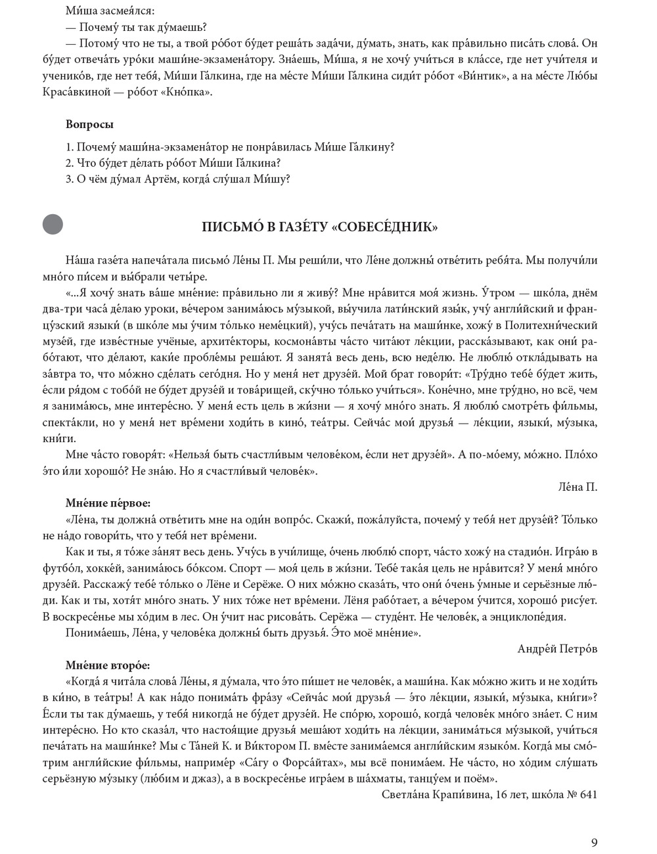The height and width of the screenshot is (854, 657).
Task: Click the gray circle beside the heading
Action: [53, 225]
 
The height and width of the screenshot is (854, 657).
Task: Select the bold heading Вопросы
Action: [89, 124]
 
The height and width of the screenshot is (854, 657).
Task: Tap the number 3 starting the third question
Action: [69, 179]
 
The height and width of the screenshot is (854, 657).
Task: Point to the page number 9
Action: [594, 843]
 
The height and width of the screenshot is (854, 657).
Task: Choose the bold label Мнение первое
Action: [108, 503]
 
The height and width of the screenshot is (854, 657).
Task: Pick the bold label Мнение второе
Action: [107, 665]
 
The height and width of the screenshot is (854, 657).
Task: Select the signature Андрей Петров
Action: [557, 648]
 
